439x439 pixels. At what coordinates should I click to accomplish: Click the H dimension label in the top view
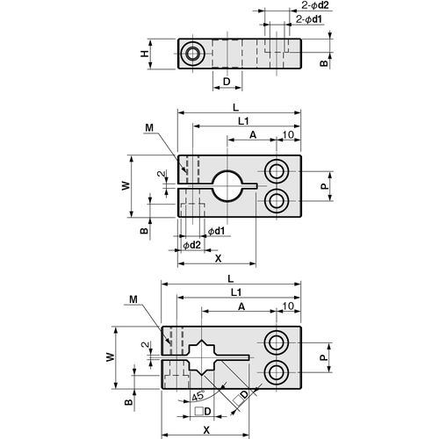145,54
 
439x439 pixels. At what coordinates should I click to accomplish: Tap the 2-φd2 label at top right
315,5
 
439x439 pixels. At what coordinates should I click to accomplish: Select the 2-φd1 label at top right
309,19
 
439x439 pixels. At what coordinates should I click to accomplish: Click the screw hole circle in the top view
193,54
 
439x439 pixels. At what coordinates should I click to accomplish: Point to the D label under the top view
227,82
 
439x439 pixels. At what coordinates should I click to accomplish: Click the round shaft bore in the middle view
227,185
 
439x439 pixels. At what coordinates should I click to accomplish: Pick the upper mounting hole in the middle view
277,171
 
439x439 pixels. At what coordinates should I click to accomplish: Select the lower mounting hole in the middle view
277,201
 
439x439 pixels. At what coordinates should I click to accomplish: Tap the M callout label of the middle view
149,128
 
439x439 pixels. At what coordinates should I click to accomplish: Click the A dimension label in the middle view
253,135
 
